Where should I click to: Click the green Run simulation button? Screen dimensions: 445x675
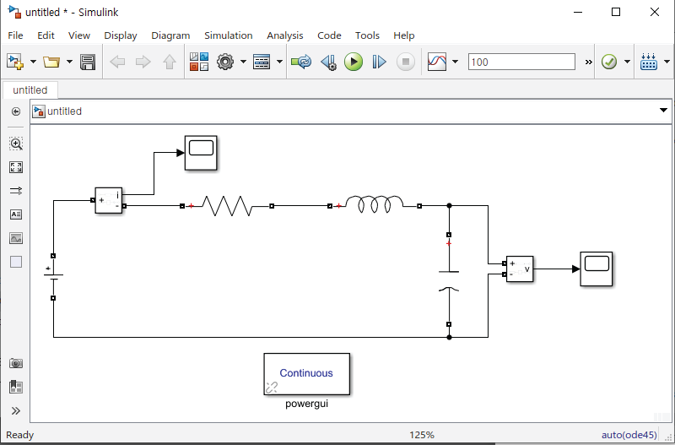pyautogui.click(x=354, y=62)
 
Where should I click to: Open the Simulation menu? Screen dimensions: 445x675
pyautogui.click(x=228, y=35)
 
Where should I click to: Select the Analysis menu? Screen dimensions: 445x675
pyautogui.click(x=284, y=35)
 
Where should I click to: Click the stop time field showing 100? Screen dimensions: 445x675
pyautogui.click(x=521, y=62)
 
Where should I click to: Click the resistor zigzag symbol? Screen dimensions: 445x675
pyautogui.click(x=226, y=205)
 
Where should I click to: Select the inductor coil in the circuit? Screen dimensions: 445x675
pyautogui.click(x=375, y=204)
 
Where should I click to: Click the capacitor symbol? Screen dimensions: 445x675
pyautogui.click(x=449, y=280)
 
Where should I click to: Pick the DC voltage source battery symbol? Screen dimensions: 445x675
pyautogui.click(x=53, y=276)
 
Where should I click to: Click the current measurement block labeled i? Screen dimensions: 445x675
pyautogui.click(x=109, y=200)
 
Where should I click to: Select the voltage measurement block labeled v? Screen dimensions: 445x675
pyautogui.click(x=519, y=269)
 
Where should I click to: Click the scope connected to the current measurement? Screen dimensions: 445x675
pyautogui.click(x=201, y=153)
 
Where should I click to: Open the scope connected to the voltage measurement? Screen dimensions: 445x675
pyautogui.click(x=596, y=269)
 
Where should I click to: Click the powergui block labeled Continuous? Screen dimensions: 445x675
pyautogui.click(x=306, y=374)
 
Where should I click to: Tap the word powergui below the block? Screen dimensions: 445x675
pyautogui.click(x=306, y=404)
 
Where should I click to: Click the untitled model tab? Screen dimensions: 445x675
pyautogui.click(x=30, y=90)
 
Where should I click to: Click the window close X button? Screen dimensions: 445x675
pyautogui.click(x=655, y=12)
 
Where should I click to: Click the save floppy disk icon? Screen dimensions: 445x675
pyautogui.click(x=87, y=62)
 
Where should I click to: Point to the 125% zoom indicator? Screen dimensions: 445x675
pyautogui.click(x=422, y=435)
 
